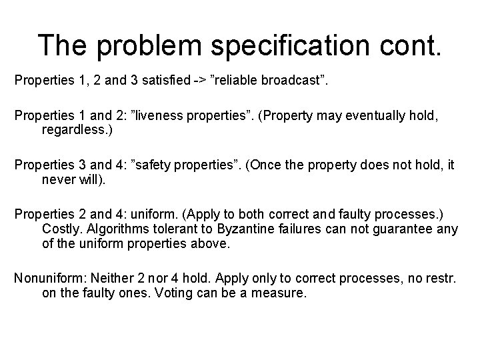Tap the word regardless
[x=77, y=129]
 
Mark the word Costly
[x=62, y=229]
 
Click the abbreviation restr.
[x=442, y=277]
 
